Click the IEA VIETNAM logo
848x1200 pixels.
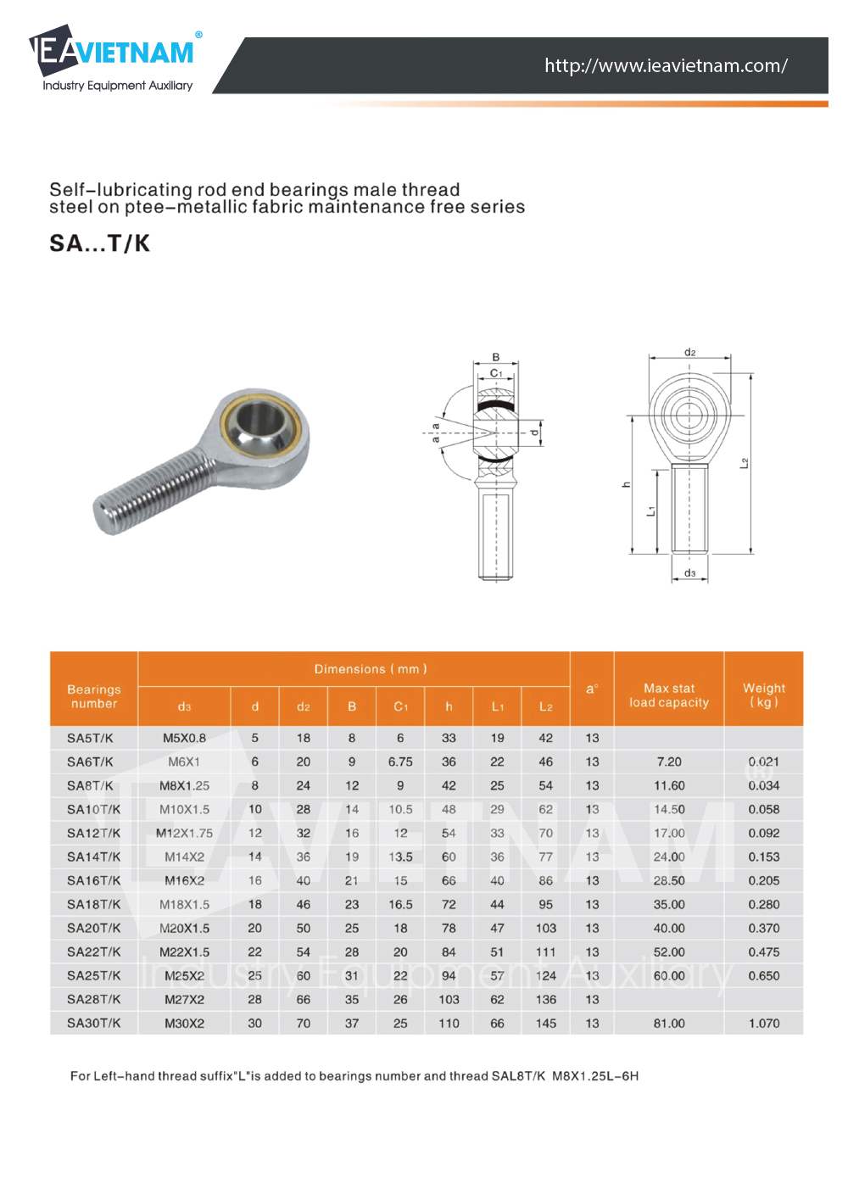115,58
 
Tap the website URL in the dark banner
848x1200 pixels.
666,65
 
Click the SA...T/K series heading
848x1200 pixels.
99,243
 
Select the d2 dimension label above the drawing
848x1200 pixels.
689,353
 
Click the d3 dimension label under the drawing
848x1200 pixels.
689,573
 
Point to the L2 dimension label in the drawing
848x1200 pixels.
744,463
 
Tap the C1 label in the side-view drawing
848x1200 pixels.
496,373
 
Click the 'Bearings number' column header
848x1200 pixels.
94,696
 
